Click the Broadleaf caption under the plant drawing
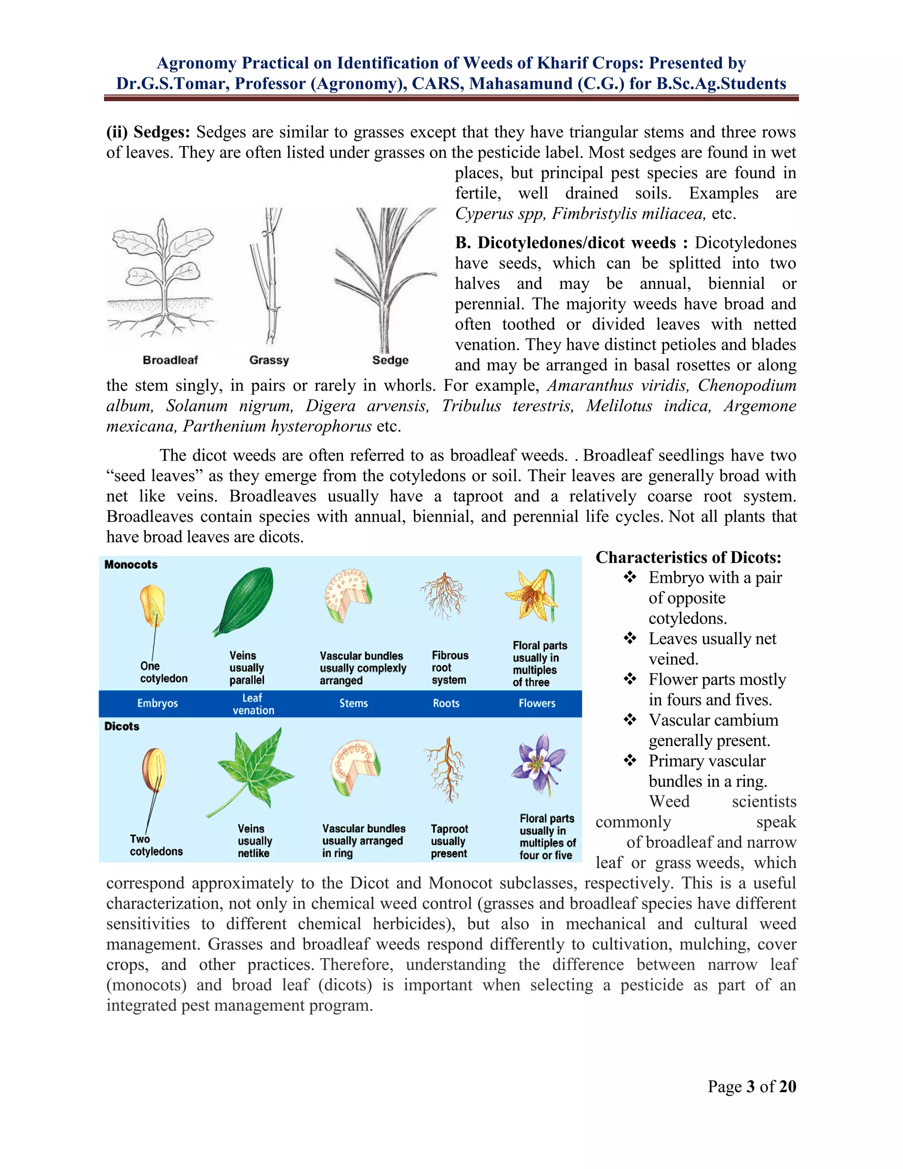(x=170, y=360)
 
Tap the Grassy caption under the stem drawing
(x=269, y=360)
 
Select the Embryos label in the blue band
(x=157, y=703)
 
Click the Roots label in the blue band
(x=446, y=703)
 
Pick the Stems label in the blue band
(x=353, y=703)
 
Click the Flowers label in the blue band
(x=537, y=703)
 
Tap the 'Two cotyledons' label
(x=156, y=845)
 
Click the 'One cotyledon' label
(x=163, y=672)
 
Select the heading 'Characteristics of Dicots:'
(x=688, y=558)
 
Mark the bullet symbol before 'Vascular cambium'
(x=630, y=720)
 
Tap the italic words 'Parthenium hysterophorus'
(x=277, y=427)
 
